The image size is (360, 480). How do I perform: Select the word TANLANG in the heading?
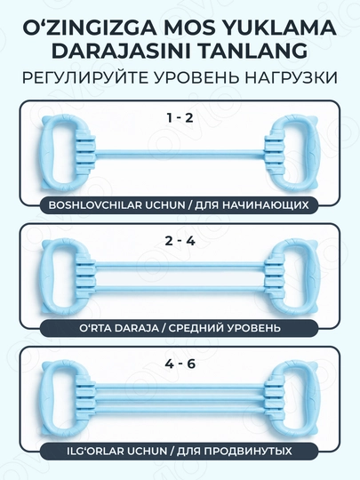[x=253, y=52]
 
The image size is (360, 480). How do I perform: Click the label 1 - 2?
[x=180, y=117]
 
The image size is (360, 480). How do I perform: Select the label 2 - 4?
[x=180, y=241]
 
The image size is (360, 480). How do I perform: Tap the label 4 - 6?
[x=180, y=364]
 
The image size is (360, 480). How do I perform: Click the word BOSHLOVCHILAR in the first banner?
[x=95, y=204]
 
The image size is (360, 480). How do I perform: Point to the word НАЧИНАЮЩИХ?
[x=266, y=204]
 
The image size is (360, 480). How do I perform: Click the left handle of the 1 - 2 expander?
[x=66, y=153]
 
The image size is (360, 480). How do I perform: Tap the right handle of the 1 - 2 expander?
[x=292, y=153]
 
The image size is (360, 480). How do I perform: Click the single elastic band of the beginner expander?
[x=180, y=154]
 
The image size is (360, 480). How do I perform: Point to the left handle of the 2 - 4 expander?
[x=66, y=277]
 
